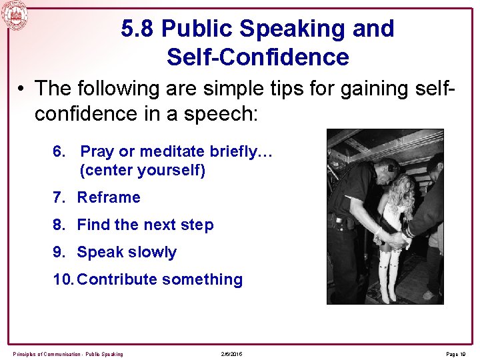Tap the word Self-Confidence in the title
click(x=257, y=57)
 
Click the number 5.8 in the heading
click(x=138, y=29)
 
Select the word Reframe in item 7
click(x=109, y=197)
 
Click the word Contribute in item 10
click(x=117, y=279)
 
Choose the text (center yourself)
click(x=142, y=171)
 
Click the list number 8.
click(x=58, y=225)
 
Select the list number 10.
click(x=63, y=279)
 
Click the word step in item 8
click(x=198, y=225)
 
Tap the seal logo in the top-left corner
click(x=14, y=15)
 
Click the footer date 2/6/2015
click(x=231, y=353)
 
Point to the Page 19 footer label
click(x=455, y=353)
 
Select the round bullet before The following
click(x=23, y=89)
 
